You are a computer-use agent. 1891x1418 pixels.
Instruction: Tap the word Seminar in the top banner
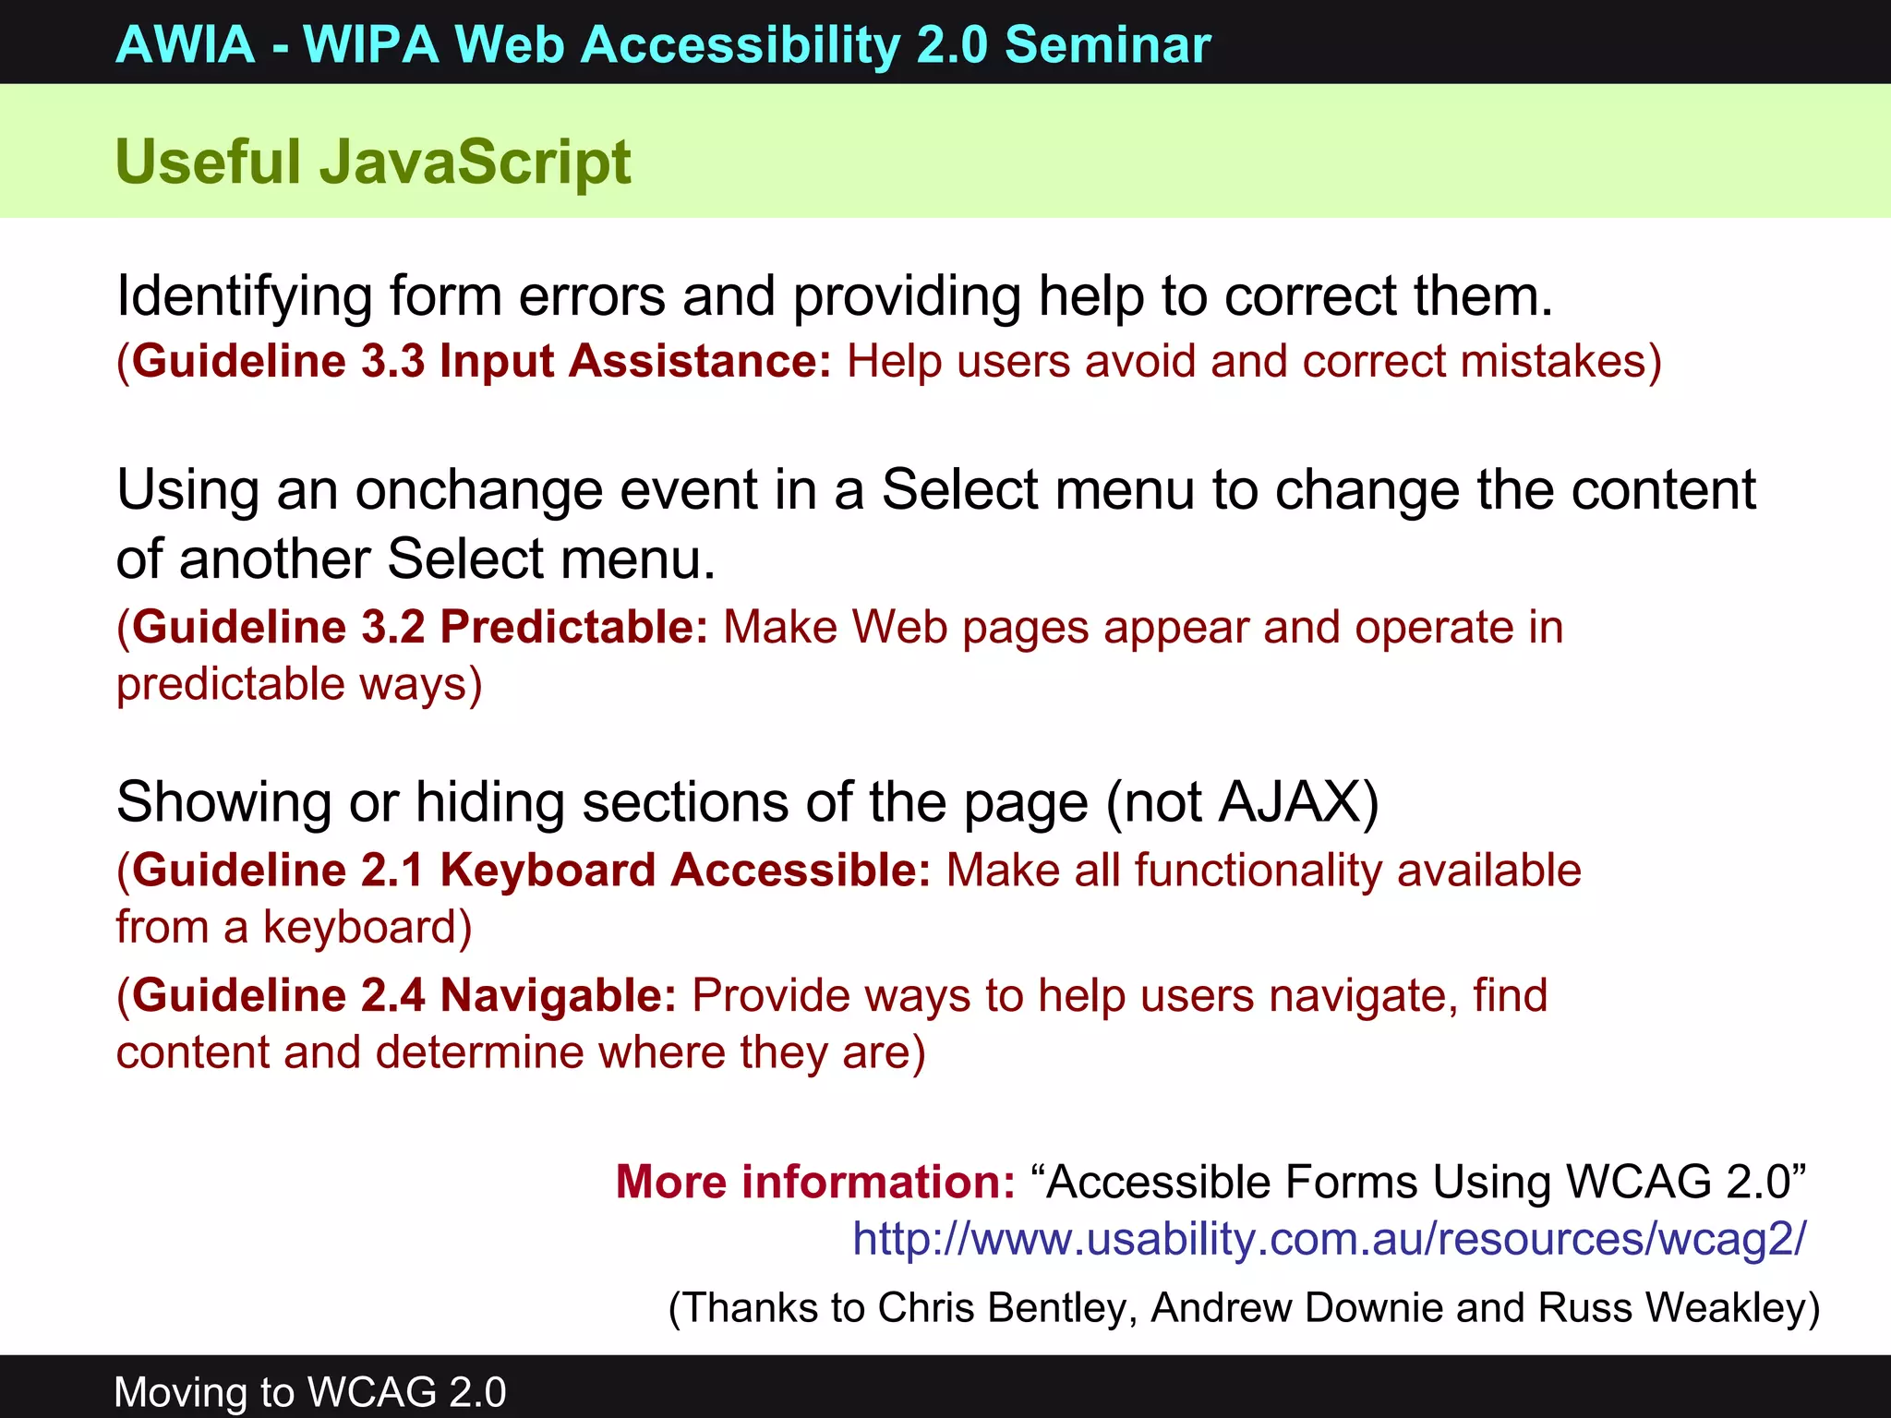[1107, 44]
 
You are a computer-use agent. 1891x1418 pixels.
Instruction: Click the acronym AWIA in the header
[186, 44]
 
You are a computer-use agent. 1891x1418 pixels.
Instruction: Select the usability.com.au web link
[1329, 1239]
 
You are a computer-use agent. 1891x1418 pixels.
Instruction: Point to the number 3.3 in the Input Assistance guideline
[392, 361]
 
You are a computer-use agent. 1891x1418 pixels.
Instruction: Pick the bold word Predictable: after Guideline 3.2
[573, 628]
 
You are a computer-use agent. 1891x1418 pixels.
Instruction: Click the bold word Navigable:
[559, 996]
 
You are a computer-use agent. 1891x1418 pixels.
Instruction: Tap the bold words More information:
[815, 1183]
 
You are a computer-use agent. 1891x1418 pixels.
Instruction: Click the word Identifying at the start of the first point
[245, 297]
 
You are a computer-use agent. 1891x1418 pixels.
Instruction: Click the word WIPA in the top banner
[371, 44]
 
